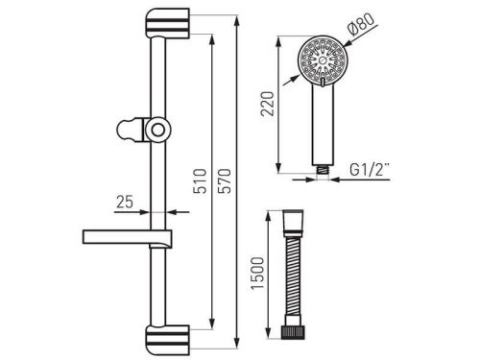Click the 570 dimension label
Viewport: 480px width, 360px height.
point(227,180)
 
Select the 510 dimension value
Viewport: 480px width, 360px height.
point(201,180)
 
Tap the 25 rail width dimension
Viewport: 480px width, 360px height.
point(125,202)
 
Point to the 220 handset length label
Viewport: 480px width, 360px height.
point(267,104)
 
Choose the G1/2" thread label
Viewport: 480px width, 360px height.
point(369,170)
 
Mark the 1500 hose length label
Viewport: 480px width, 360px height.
point(258,273)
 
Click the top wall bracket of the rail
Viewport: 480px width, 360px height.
point(167,23)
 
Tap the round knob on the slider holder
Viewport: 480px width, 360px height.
point(157,131)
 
